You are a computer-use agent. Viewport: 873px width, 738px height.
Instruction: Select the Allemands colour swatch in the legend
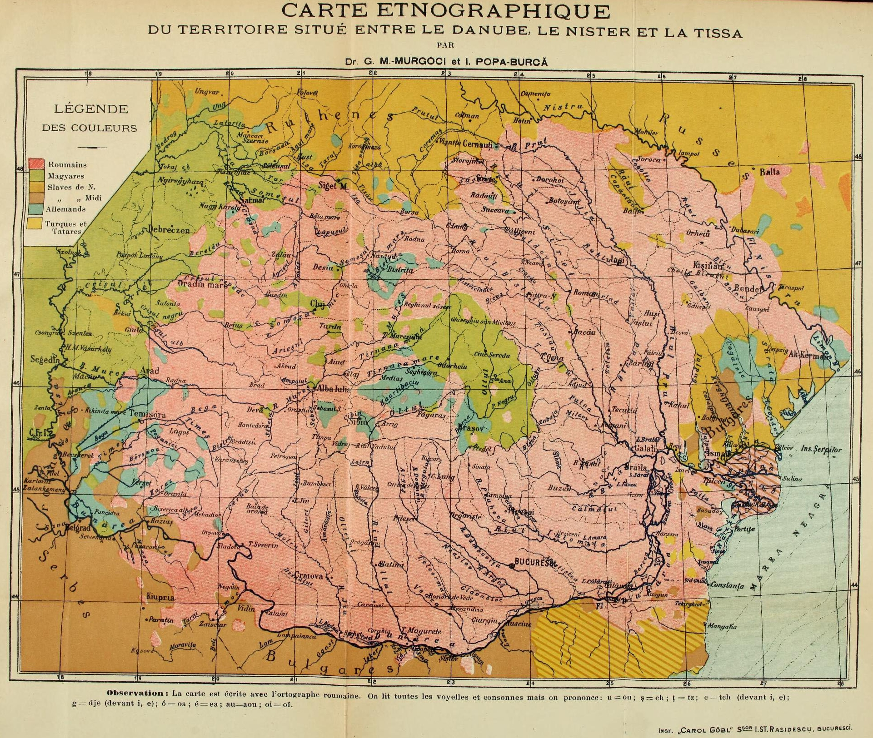coord(36,208)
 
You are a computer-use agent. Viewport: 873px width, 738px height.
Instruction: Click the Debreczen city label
coord(168,230)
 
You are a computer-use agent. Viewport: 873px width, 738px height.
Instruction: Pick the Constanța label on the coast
coord(728,586)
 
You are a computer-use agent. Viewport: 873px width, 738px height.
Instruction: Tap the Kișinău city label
coord(707,265)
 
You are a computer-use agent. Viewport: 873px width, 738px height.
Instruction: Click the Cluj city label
coord(319,304)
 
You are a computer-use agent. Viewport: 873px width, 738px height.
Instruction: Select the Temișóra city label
coord(147,414)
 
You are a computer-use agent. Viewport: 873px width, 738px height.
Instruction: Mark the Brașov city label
coord(473,428)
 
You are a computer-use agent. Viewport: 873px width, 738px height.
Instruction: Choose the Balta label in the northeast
coord(770,172)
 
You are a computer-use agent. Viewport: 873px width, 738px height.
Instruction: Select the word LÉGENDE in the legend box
coord(91,109)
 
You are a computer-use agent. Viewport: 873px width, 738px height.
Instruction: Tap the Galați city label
coord(647,448)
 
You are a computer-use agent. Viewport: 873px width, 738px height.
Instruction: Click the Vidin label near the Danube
coord(246,609)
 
